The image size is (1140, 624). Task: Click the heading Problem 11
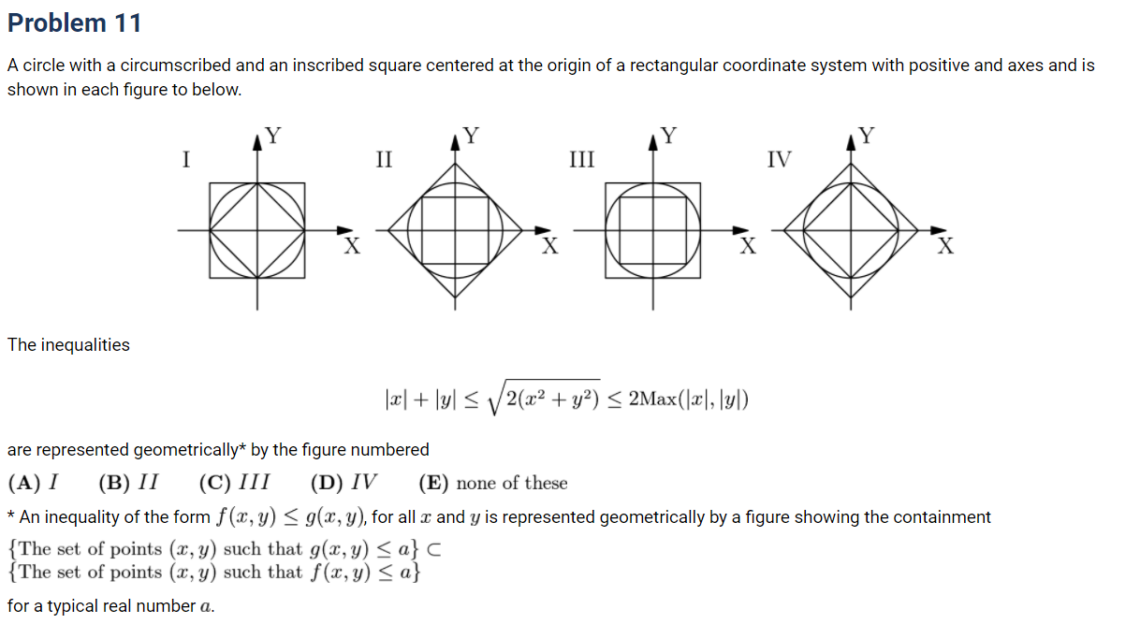click(74, 22)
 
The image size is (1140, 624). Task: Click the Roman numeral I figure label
click(186, 159)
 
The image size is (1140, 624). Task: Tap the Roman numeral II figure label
click(383, 159)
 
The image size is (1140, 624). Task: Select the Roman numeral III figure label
click(582, 159)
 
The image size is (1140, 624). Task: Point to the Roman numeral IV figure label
click(779, 159)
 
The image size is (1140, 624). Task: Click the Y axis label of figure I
click(272, 135)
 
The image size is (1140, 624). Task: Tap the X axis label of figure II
click(550, 247)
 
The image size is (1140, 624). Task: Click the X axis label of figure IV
click(946, 247)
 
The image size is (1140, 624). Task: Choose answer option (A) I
click(33, 484)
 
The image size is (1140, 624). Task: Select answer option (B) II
click(128, 484)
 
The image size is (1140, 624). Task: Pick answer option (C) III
click(235, 484)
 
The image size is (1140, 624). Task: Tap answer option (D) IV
click(344, 484)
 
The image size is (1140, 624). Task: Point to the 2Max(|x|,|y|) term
click(689, 400)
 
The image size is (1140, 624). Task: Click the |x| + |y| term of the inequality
click(421, 400)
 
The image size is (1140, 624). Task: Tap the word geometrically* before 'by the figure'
click(187, 450)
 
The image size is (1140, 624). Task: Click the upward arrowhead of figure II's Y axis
click(456, 141)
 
